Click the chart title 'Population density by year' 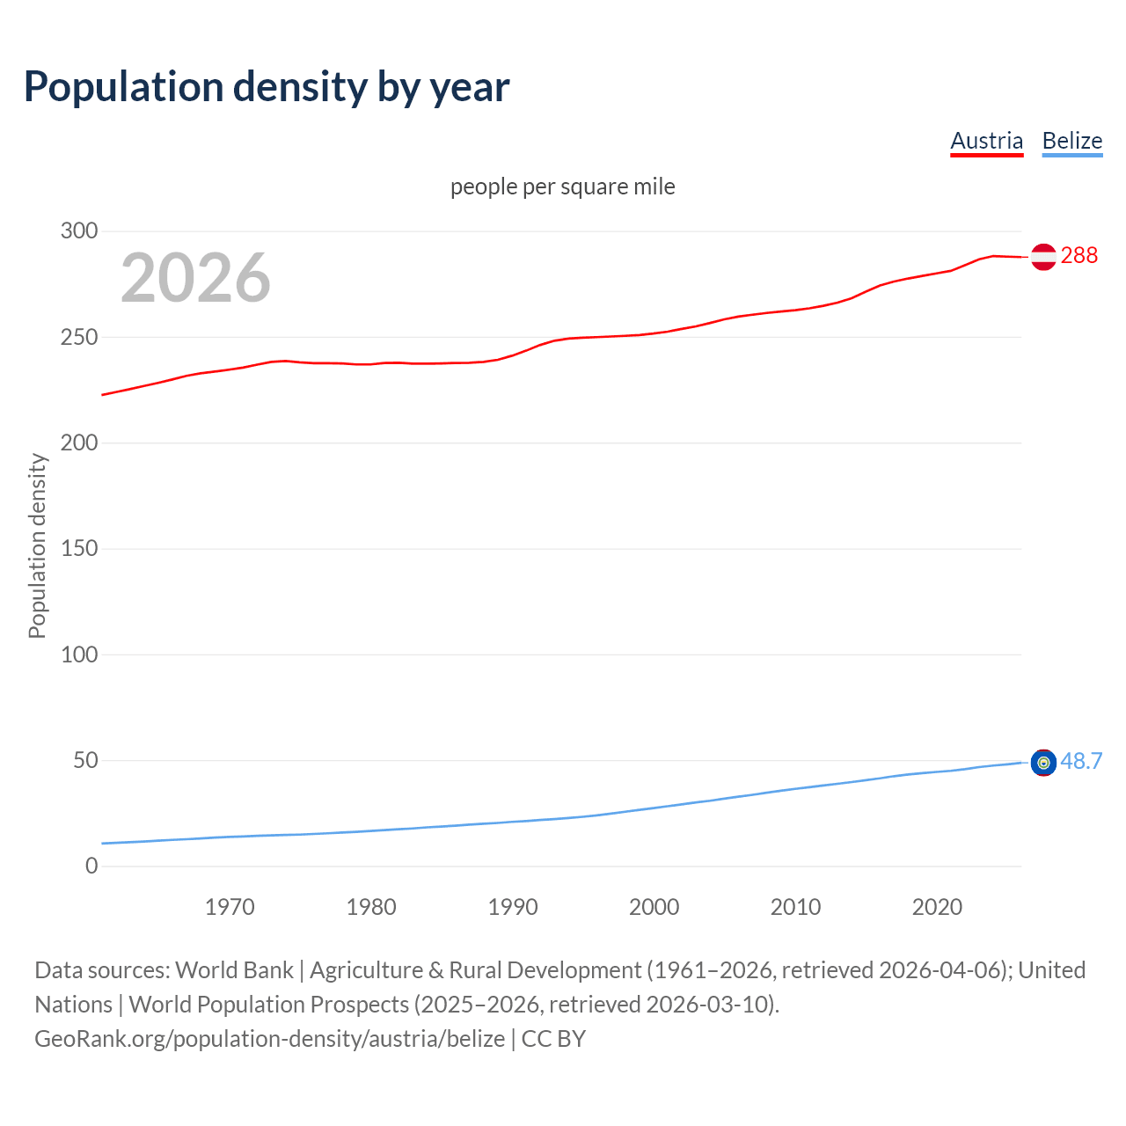click(x=267, y=86)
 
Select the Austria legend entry click(x=986, y=141)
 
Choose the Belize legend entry click(x=1071, y=141)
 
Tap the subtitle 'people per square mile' click(x=562, y=186)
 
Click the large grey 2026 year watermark click(x=195, y=278)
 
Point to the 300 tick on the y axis click(x=79, y=231)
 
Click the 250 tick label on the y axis click(x=79, y=337)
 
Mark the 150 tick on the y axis click(x=79, y=549)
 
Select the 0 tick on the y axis click(x=91, y=866)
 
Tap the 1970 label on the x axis click(x=230, y=907)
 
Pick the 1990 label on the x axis click(x=513, y=907)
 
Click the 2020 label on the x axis click(x=937, y=907)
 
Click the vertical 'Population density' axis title click(x=37, y=545)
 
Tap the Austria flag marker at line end click(x=1043, y=257)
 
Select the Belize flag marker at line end click(x=1043, y=763)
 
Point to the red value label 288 click(x=1079, y=255)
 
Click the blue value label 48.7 click(x=1081, y=761)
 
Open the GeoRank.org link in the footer click(x=269, y=1039)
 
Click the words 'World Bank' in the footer click(x=234, y=970)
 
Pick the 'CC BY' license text click(x=553, y=1039)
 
